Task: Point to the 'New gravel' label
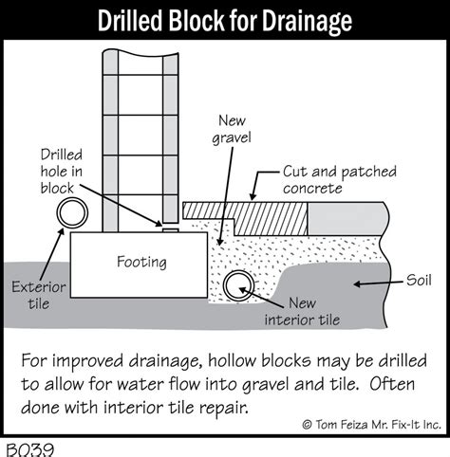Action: pos(232,132)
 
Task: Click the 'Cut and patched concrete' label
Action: pos(331,181)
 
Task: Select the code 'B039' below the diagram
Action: pos(28,448)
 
